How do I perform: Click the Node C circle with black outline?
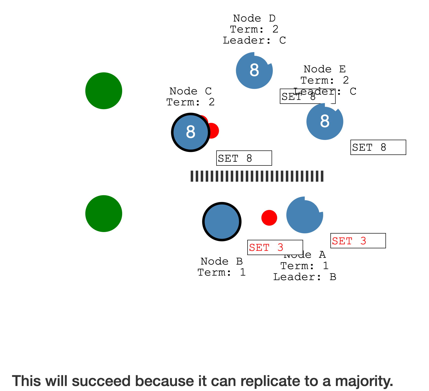190,132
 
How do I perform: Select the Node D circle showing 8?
254,71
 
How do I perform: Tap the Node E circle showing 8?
325,122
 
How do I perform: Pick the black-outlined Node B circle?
222,222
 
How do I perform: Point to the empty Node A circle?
305,215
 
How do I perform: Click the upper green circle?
104,91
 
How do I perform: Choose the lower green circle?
104,214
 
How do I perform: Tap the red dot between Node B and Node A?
269,218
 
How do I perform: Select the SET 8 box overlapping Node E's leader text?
307,96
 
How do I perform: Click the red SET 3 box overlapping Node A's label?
275,248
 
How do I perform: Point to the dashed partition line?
257,176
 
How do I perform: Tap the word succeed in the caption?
102,381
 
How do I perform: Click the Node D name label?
254,18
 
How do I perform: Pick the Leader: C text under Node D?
254,40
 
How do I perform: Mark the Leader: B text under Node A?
304,277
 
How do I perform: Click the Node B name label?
222,261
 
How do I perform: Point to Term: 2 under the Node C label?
190,102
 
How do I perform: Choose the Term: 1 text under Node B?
222,272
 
